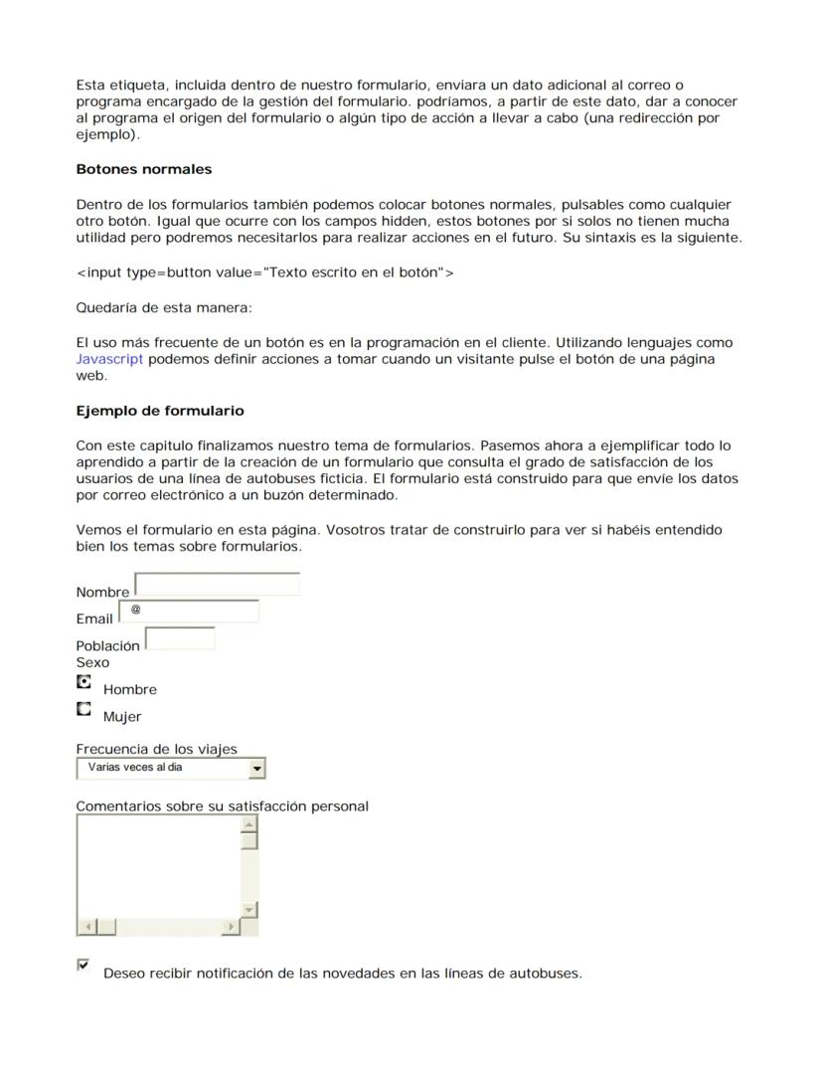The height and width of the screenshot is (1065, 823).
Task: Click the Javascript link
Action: pos(109,359)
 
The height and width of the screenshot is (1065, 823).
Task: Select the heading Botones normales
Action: pos(143,169)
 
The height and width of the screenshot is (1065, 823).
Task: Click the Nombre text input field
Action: pos(217,584)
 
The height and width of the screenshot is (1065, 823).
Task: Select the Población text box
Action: pos(180,638)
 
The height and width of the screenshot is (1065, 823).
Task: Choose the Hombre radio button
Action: pos(84,683)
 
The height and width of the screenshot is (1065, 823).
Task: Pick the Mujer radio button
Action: pos(84,710)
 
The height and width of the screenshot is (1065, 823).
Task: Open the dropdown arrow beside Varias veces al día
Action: pos(257,769)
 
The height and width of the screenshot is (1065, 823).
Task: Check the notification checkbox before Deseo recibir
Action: pos(83,965)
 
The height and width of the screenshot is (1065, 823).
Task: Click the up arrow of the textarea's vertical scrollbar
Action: pos(249,823)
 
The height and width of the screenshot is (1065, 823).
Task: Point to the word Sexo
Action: pos(92,662)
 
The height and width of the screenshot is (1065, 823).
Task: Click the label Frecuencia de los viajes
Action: pos(156,749)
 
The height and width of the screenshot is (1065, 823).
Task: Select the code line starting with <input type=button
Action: pos(264,272)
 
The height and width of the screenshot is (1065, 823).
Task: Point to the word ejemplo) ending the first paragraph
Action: pos(107,134)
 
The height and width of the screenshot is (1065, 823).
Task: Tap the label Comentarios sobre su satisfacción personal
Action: pos(222,806)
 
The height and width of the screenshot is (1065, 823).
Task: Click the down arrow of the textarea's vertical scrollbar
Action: pos(249,910)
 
